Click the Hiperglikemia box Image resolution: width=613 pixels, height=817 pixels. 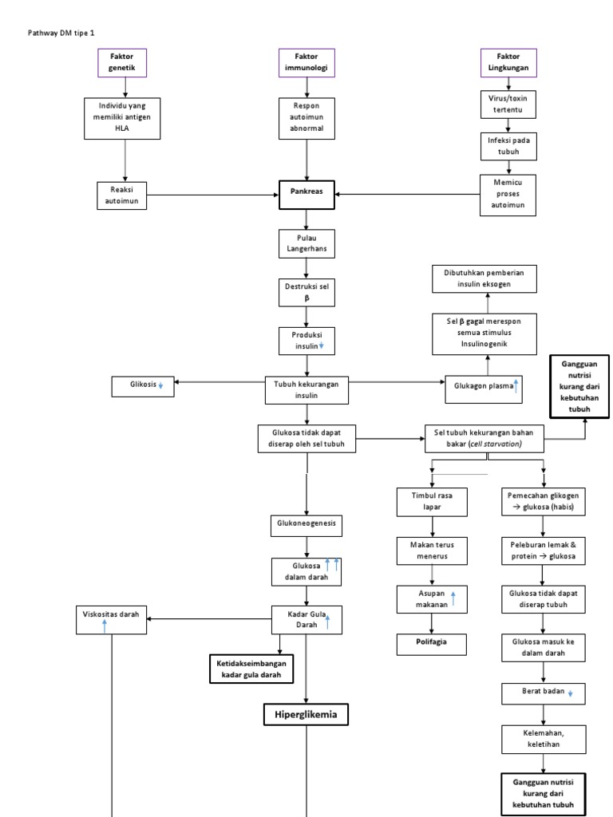[x=306, y=715]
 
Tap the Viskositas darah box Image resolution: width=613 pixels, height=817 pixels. [x=112, y=619]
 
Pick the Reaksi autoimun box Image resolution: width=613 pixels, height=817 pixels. [x=125, y=194]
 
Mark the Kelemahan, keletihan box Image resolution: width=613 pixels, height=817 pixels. [x=543, y=737]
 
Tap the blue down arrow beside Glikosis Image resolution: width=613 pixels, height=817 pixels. [x=160, y=385]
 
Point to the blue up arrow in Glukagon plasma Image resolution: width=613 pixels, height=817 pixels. [x=516, y=386]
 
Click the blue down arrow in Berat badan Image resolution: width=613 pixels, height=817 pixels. [x=570, y=693]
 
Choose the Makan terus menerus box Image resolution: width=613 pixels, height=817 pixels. [x=431, y=550]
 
